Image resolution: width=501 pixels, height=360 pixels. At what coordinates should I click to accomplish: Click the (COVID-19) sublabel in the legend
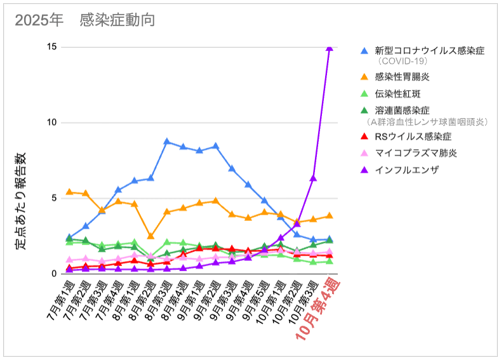402,62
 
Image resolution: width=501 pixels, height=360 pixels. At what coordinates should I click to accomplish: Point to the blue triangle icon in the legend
364,50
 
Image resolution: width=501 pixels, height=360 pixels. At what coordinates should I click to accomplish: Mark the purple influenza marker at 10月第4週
330,48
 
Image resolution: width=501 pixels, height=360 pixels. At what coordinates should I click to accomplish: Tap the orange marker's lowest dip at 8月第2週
150,236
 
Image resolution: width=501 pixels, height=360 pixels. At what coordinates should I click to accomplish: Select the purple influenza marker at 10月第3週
313,178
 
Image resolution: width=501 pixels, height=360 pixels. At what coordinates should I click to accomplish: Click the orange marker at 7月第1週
69,192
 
